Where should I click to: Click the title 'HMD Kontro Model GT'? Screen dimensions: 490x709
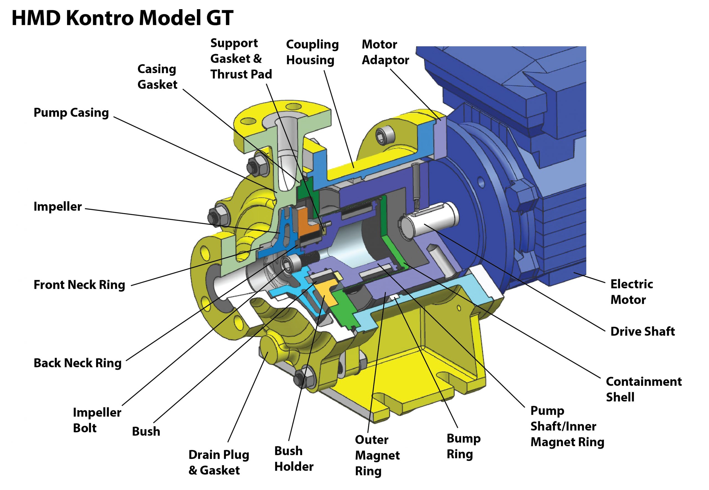(122, 18)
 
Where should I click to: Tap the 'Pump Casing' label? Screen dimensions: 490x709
(71, 113)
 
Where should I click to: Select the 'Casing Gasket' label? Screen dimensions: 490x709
(157, 77)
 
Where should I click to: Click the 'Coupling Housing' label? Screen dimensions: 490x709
(312, 52)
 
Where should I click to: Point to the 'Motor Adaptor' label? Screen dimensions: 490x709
(385, 52)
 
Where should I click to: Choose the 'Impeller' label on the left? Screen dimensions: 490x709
(58, 207)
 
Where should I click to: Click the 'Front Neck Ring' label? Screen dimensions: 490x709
(79, 285)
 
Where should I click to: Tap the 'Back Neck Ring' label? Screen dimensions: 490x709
(77, 363)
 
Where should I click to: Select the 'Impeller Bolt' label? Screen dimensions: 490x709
(97, 420)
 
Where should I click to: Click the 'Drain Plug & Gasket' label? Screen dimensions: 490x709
(219, 462)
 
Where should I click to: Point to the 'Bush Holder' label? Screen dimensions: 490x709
(294, 459)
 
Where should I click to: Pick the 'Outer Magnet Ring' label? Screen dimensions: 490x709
(377, 455)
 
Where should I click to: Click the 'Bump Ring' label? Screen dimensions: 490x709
(463, 446)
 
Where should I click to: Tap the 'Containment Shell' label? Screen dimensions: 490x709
(643, 389)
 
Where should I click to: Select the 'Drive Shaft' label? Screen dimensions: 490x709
(643, 331)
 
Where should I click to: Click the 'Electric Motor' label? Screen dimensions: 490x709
(631, 292)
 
